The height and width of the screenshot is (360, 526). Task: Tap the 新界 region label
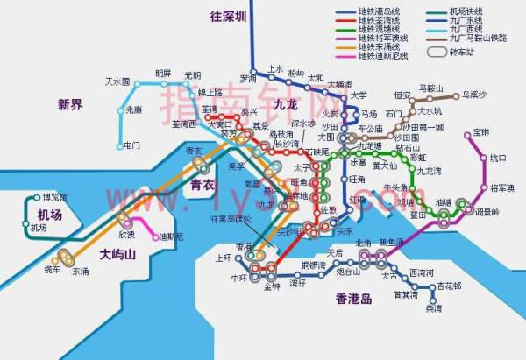click(x=70, y=105)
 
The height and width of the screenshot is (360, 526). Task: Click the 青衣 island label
click(x=203, y=186)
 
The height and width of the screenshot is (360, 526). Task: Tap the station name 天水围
click(x=117, y=81)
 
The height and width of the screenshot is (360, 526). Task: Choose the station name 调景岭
click(x=487, y=213)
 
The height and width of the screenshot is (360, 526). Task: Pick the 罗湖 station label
click(x=248, y=78)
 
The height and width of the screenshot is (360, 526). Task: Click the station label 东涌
click(x=81, y=272)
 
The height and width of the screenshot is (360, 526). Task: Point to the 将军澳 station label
click(x=502, y=187)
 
